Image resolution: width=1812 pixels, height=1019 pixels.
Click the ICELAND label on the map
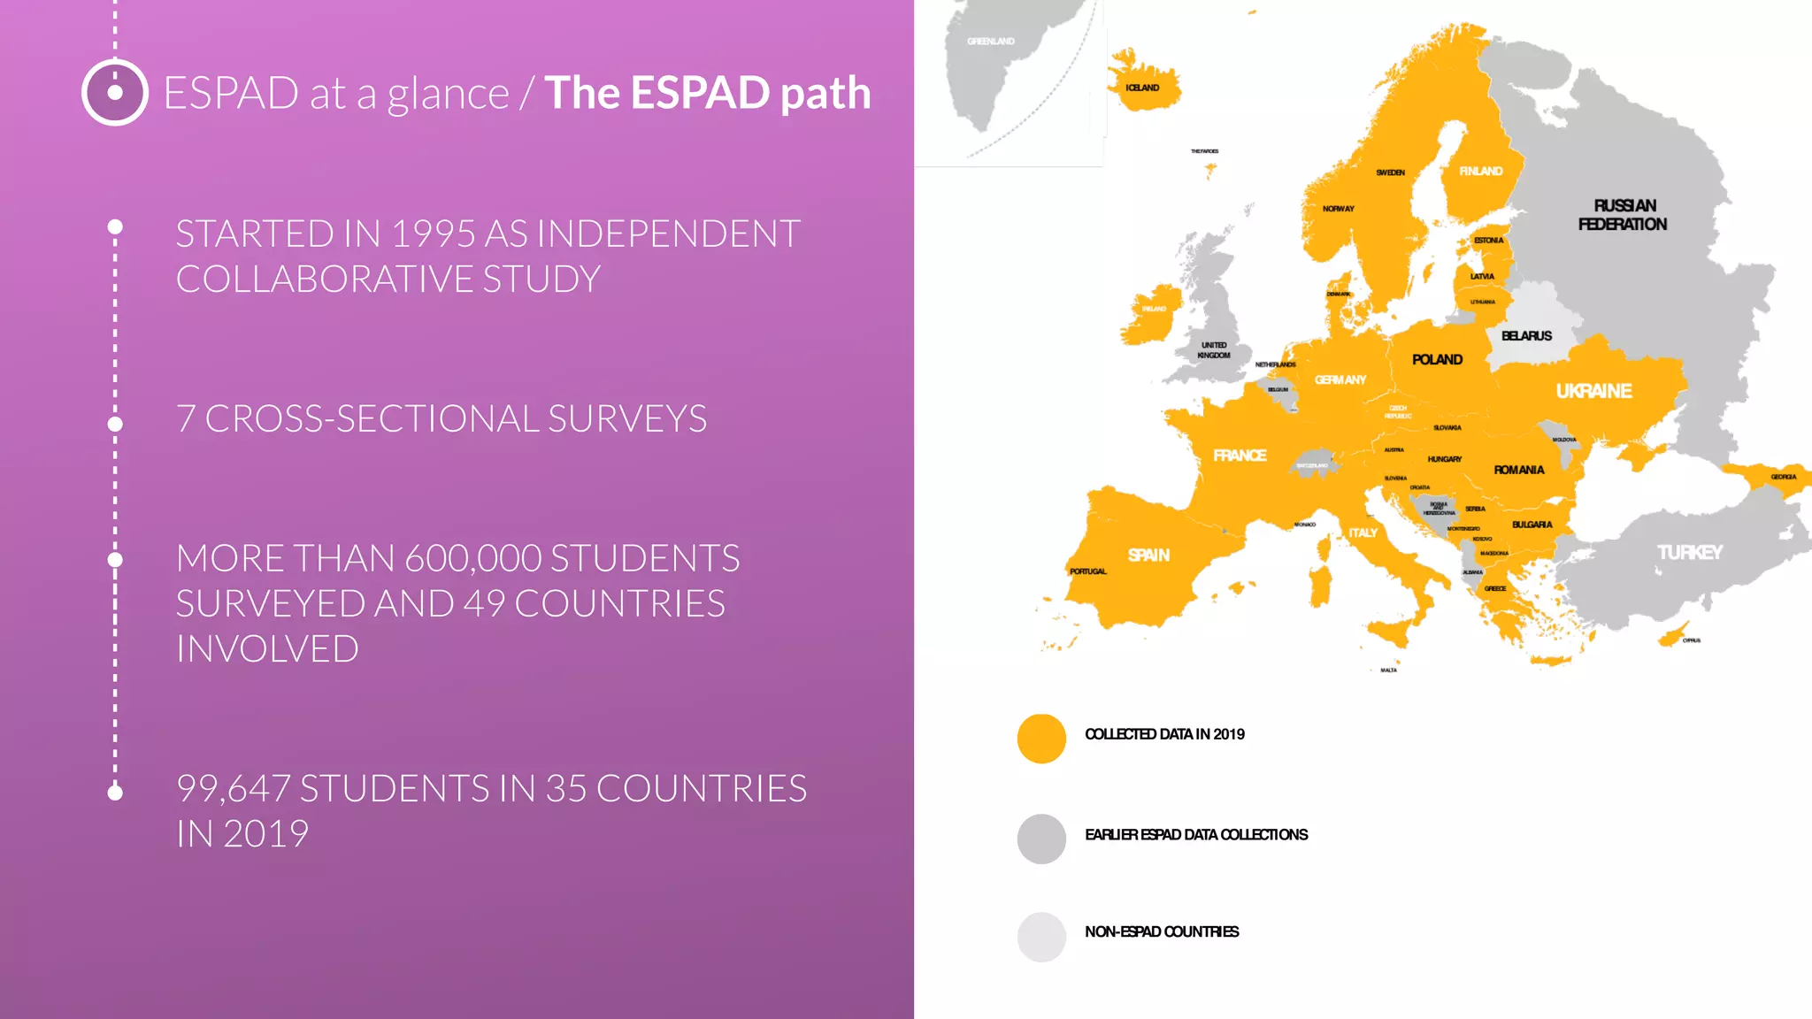[x=1142, y=88]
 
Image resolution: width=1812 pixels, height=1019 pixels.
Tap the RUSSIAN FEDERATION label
[x=1623, y=215]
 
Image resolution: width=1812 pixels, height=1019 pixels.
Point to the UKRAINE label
[x=1593, y=391]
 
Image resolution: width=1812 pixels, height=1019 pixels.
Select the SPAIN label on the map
[x=1148, y=555]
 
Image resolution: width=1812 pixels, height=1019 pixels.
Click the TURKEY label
[x=1689, y=553]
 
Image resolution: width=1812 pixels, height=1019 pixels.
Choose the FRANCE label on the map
[x=1240, y=456]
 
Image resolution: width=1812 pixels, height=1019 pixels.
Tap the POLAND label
[x=1437, y=360]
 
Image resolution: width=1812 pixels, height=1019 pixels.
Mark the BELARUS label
[x=1526, y=336]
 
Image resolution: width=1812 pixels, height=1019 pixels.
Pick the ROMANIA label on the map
[x=1519, y=471]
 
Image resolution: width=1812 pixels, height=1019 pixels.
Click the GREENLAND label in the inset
[x=991, y=42]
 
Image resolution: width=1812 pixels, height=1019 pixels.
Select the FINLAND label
[x=1480, y=172]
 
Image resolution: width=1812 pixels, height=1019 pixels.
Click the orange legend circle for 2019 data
[x=1041, y=739]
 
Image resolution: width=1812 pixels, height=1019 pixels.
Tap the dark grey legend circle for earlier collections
[x=1041, y=839]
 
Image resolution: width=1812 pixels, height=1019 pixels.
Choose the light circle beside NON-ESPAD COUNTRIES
[x=1041, y=937]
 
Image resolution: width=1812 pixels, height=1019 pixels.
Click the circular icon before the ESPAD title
[x=115, y=92]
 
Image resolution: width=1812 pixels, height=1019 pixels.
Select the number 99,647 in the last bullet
[x=233, y=789]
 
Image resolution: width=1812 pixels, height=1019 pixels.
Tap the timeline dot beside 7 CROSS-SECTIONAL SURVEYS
[x=115, y=425]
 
